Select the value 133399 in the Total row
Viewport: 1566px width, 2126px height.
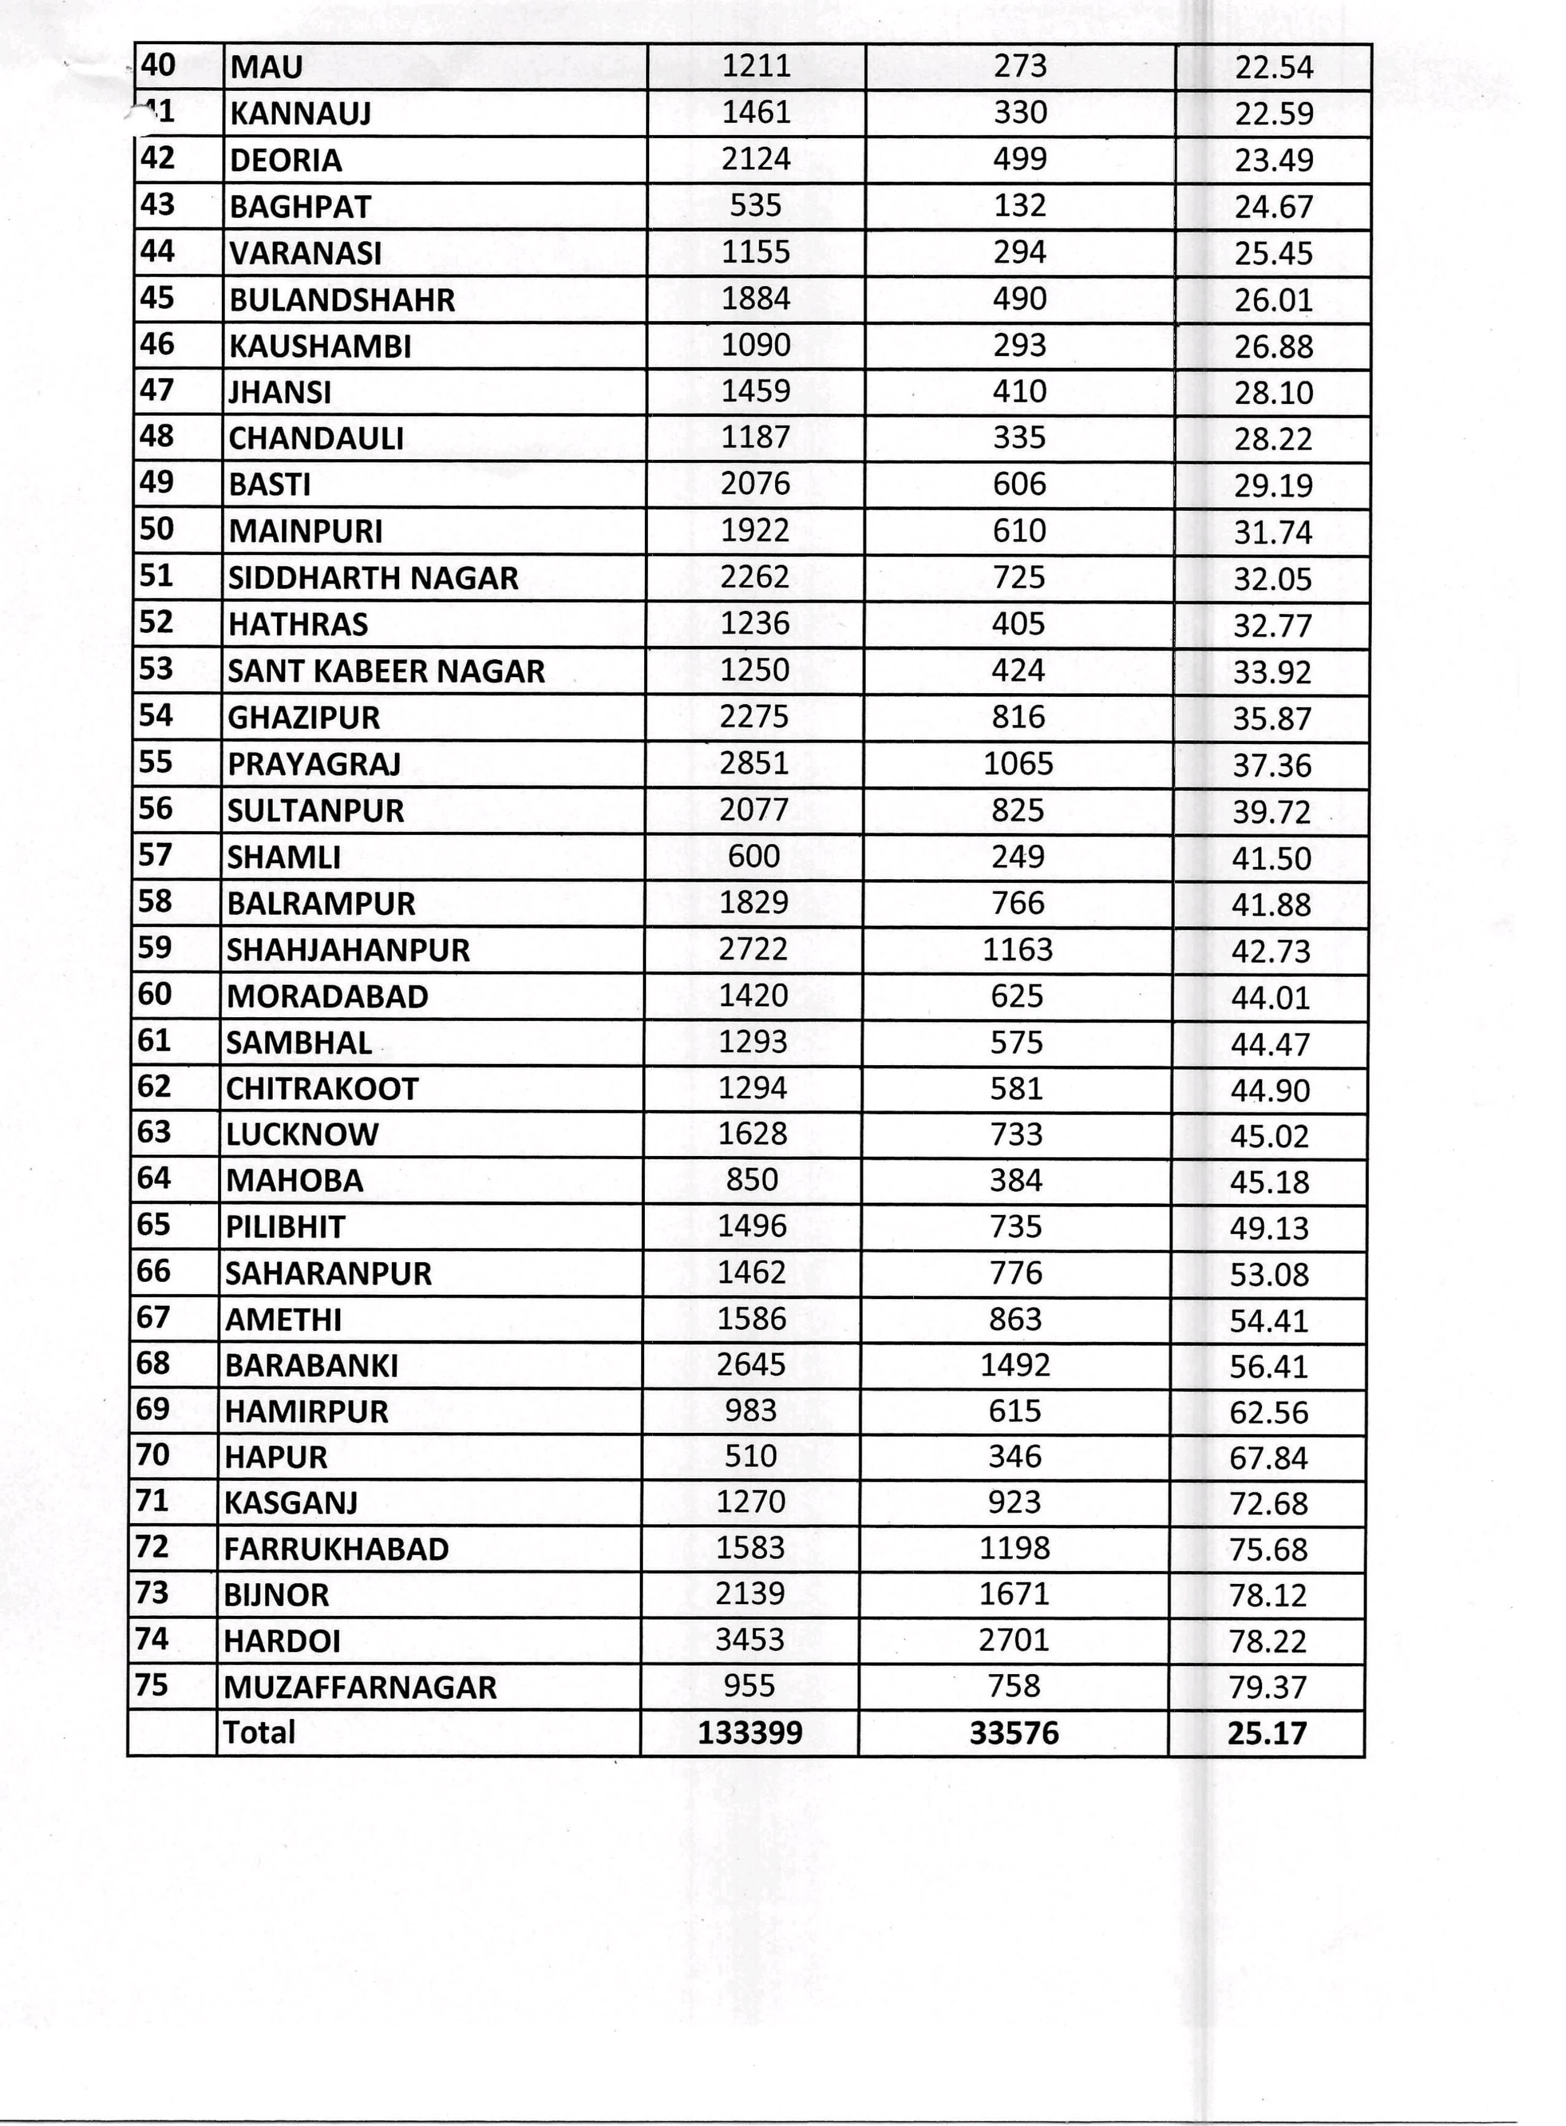(x=750, y=1733)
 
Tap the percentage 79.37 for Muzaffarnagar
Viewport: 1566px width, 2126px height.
(x=1268, y=1687)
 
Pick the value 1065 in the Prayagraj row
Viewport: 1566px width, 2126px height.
(x=1018, y=763)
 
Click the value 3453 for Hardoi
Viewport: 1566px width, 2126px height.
(x=750, y=1640)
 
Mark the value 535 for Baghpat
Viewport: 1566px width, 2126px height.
(x=755, y=206)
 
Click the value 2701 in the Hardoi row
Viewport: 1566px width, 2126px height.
(x=1014, y=1640)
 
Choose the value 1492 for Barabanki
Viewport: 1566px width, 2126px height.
(x=1015, y=1365)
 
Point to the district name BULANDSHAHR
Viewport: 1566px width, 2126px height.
(x=341, y=300)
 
